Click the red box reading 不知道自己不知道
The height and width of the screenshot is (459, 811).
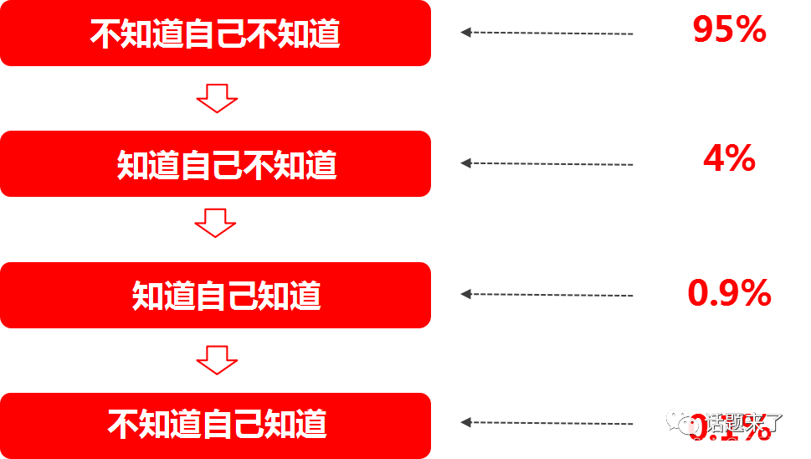(x=215, y=34)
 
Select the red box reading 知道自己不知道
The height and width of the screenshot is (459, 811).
(x=215, y=164)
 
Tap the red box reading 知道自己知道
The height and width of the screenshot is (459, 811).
(x=215, y=295)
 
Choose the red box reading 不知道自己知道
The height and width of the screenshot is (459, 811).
(x=215, y=425)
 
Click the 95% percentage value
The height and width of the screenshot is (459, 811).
(x=729, y=30)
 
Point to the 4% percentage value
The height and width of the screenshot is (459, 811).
(x=729, y=158)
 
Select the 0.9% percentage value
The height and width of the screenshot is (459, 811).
(x=729, y=293)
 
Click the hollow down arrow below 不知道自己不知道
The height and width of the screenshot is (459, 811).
(x=217, y=98)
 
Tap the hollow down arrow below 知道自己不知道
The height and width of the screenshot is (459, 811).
(x=216, y=223)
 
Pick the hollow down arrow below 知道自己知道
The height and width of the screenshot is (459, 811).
(x=217, y=360)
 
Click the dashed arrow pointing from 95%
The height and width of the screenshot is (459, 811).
(x=547, y=33)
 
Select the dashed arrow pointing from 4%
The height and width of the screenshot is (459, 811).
(x=547, y=163)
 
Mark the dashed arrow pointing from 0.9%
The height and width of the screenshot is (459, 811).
(x=547, y=294)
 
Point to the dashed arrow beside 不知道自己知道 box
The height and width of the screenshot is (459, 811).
(x=547, y=423)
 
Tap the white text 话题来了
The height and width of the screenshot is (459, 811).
(x=743, y=421)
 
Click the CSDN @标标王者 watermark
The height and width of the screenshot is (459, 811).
(x=739, y=443)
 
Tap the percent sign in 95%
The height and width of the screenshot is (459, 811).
(x=752, y=30)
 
